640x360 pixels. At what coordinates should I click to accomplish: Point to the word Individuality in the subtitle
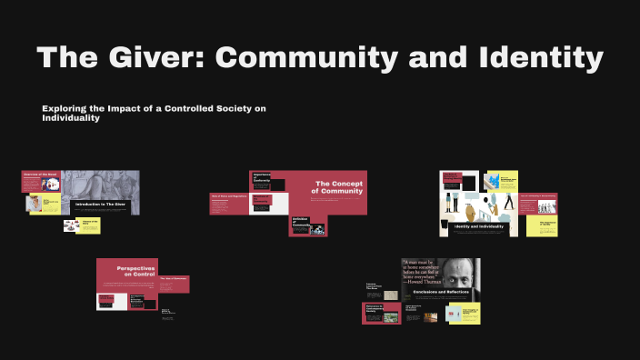pos(70,118)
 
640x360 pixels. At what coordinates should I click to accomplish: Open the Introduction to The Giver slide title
pos(102,205)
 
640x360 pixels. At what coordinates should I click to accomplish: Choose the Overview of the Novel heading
pos(40,175)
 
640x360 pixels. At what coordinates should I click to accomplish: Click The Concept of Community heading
pos(338,187)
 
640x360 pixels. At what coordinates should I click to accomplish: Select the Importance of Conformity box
pos(261,180)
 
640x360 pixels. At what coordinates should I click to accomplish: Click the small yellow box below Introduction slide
pos(88,225)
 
